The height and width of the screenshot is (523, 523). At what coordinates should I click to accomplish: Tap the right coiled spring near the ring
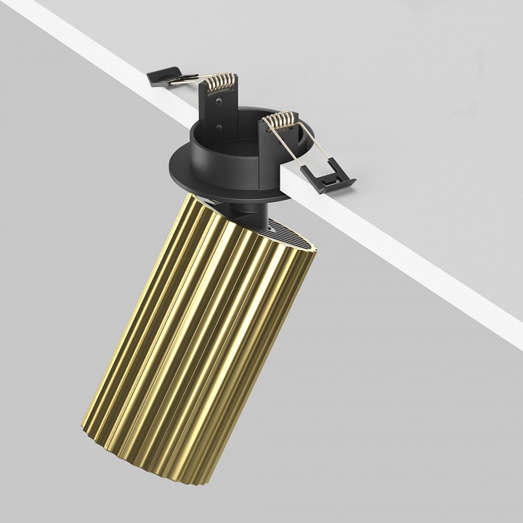click(280, 121)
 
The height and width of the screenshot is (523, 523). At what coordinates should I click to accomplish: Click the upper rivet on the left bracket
click(219, 105)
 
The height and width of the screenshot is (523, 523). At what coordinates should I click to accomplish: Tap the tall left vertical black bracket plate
click(219, 116)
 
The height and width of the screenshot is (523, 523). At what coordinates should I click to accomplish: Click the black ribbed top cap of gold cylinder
click(287, 232)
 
